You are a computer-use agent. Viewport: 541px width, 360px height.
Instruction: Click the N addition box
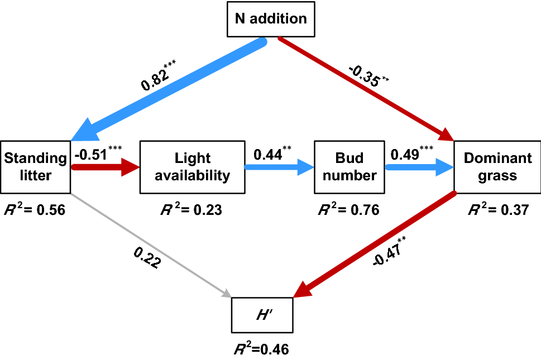click(271, 18)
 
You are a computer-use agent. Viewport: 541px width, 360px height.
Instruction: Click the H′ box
click(262, 315)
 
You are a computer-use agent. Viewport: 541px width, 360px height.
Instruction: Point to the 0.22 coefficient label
click(147, 258)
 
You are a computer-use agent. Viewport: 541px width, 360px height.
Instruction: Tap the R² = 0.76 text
click(348, 210)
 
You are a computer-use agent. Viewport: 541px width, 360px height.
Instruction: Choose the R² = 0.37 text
click(497, 210)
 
